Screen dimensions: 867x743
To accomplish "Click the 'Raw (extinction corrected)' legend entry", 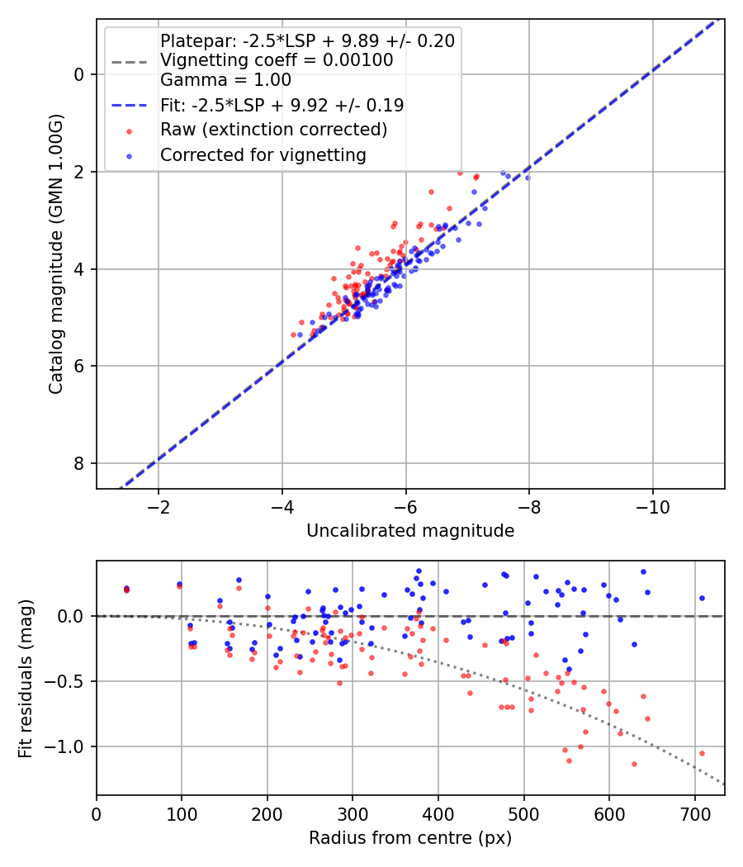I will click(273, 130).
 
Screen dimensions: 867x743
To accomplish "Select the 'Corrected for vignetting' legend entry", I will click(263, 154).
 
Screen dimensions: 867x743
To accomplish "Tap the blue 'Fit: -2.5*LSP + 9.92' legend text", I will click(282, 105).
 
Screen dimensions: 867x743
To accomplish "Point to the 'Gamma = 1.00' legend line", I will click(225, 80).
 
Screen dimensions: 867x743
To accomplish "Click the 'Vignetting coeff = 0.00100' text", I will click(277, 60).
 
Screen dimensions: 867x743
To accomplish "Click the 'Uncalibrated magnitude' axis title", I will click(410, 531).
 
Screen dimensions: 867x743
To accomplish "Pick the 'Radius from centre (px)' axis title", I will click(410, 838).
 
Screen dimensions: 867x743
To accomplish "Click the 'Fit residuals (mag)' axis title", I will click(26, 678).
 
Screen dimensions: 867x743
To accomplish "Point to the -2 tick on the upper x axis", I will click(159, 505).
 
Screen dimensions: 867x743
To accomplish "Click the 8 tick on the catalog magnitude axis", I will click(80, 463).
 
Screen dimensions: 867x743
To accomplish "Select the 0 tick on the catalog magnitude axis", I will click(80, 74).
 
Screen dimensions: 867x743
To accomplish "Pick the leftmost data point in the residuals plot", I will click(126, 589).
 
